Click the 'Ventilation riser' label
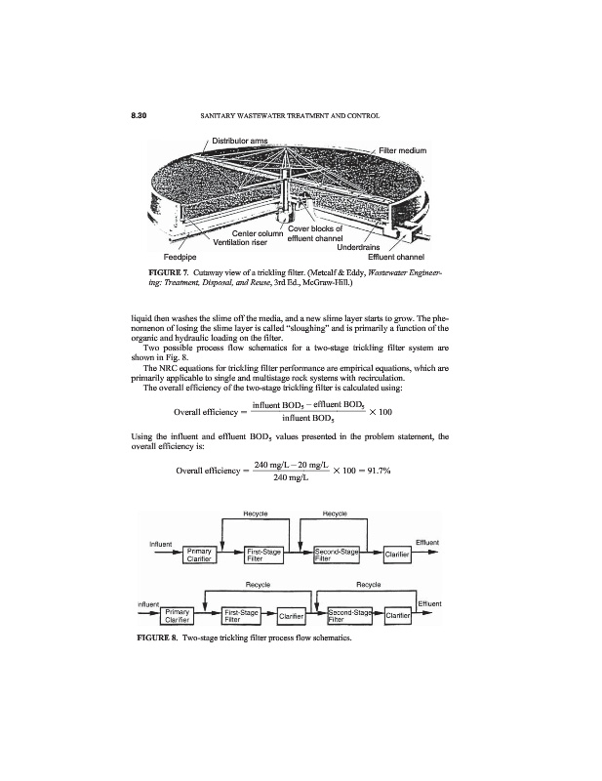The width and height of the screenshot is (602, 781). (246, 242)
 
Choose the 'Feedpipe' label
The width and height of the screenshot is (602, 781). (182, 256)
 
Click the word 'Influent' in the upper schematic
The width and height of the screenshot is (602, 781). (161, 542)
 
